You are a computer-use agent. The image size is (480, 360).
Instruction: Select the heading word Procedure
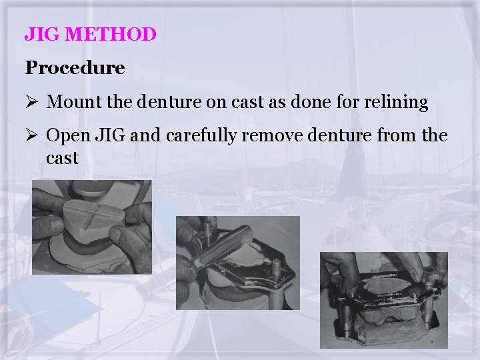[x=75, y=68]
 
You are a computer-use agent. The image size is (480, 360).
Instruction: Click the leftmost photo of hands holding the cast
[x=92, y=227]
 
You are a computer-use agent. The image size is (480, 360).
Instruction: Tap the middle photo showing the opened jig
[x=237, y=263]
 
